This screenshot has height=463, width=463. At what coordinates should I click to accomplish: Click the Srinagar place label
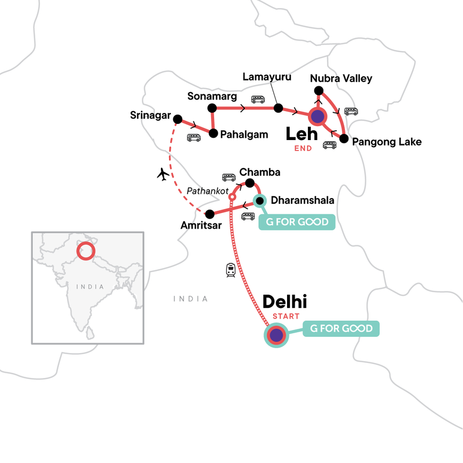[150, 116]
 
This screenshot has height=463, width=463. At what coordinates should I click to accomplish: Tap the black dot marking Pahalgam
[214, 134]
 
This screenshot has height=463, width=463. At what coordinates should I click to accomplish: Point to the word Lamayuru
[267, 77]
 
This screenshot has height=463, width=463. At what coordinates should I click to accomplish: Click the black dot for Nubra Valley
[318, 90]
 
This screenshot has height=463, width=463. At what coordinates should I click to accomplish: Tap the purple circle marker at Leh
[317, 116]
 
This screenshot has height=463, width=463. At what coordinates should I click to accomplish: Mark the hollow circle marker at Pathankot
[232, 197]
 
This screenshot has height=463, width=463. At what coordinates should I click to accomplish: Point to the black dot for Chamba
[250, 183]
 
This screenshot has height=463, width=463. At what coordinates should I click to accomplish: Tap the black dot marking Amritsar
[210, 213]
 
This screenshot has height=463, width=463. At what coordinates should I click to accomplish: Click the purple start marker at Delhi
[276, 335]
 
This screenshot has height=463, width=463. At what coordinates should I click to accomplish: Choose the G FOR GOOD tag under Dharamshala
[296, 222]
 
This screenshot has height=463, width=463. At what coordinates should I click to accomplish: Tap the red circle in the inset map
[86, 251]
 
